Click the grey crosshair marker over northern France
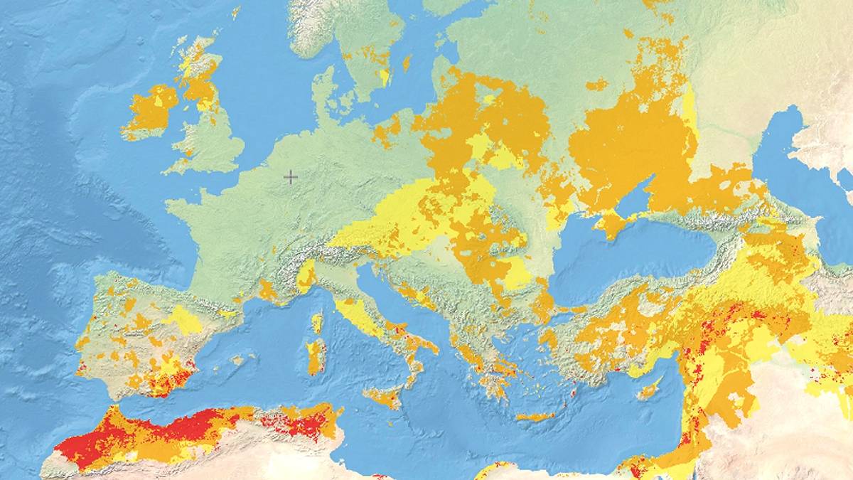coord(291,177)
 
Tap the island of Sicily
coord(385,397)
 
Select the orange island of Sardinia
coord(314,356)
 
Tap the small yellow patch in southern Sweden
coord(385,75)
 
